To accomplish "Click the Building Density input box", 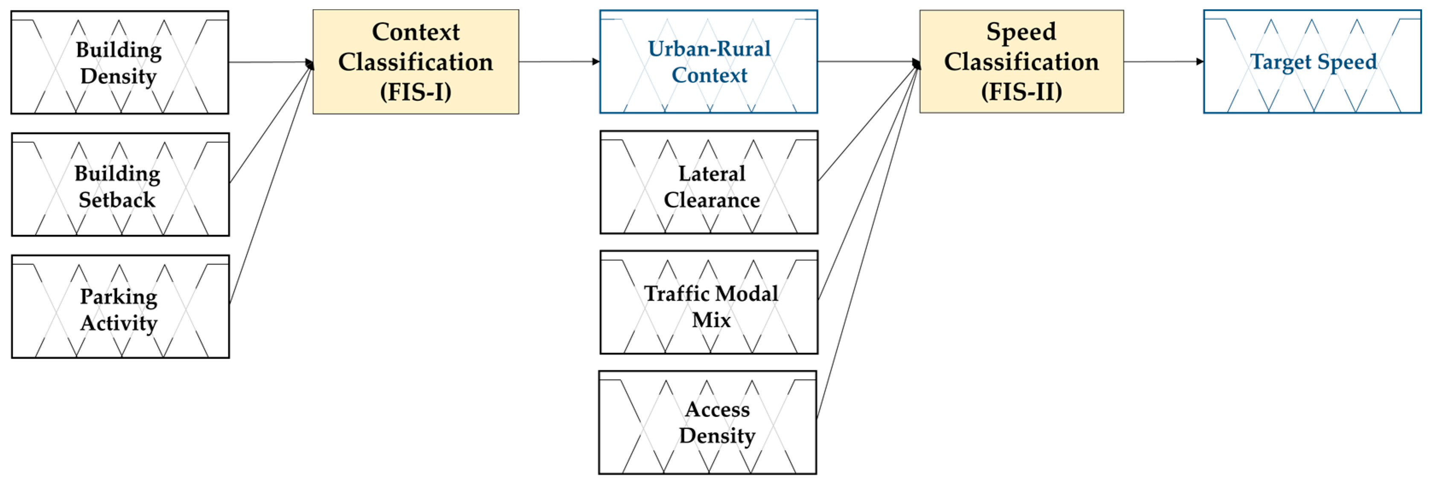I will pyautogui.click(x=120, y=62).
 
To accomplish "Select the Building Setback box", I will pyautogui.click(x=120, y=185).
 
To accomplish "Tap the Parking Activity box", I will pyautogui.click(x=120, y=307).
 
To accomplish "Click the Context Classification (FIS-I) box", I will pyautogui.click(x=415, y=62).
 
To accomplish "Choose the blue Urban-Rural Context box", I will pyautogui.click(x=708, y=62).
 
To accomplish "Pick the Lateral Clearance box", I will pyautogui.click(x=709, y=182).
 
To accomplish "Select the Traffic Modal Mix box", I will pyautogui.click(x=709, y=302).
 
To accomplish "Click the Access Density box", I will pyautogui.click(x=707, y=422).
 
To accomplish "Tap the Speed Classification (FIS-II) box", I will pyautogui.click(x=1021, y=62).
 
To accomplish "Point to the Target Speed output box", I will pyautogui.click(x=1312, y=62).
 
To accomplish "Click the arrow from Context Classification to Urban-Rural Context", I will pyautogui.click(x=558, y=62).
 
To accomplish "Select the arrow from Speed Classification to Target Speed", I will pyautogui.click(x=1163, y=62).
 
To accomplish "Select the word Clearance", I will pyautogui.click(x=712, y=199).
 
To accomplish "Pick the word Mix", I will pyautogui.click(x=711, y=320).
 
